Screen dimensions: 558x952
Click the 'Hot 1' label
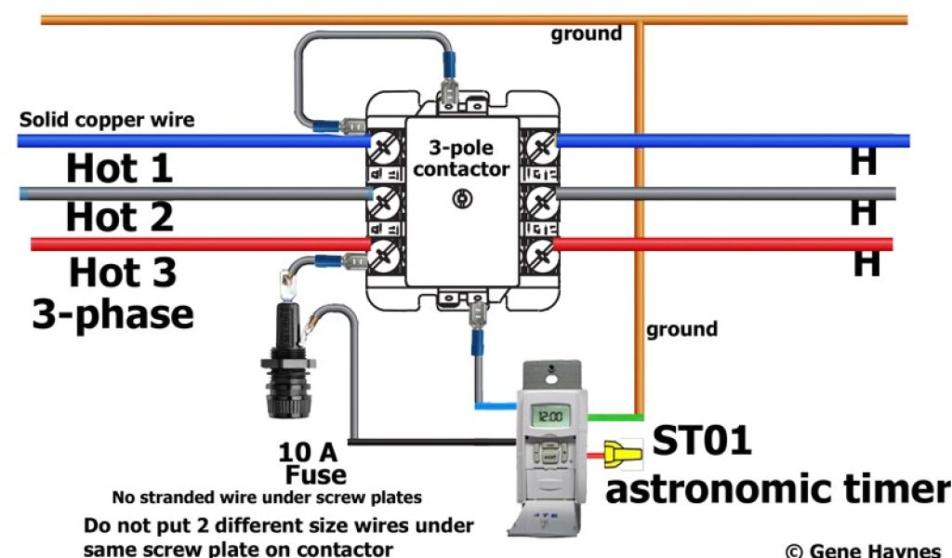pos(119,169)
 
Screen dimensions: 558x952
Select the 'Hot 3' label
pos(123,273)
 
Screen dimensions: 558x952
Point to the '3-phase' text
pos(113,313)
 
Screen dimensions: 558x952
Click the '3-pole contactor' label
pos(461,159)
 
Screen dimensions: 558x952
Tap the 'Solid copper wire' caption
pos(107,120)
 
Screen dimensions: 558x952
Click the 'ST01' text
pos(701,441)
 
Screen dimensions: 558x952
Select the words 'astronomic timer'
pos(777,488)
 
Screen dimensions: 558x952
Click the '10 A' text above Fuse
pos(308,453)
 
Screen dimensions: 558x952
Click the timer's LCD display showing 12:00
pos(549,416)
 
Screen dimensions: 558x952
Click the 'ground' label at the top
pos(586,34)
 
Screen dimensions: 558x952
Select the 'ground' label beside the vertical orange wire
pos(681,329)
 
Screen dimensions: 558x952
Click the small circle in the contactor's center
pos(460,198)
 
